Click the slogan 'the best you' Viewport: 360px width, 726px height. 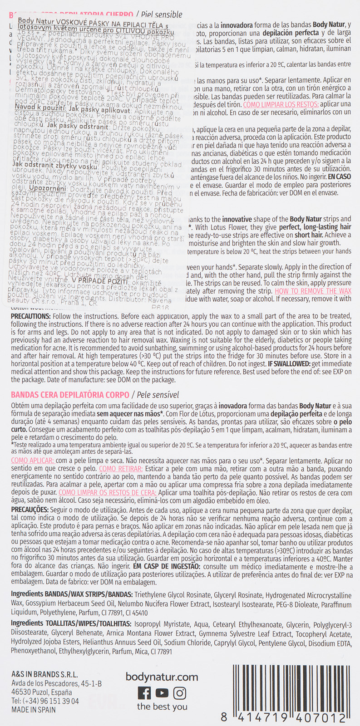[162, 706]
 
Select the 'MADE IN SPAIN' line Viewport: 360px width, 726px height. [31, 710]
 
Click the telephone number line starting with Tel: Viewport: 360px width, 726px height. [45, 701]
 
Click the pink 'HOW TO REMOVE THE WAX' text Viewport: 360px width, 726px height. [312, 291]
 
